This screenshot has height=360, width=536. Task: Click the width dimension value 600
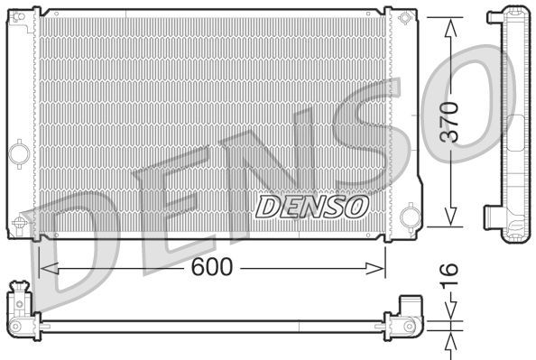(212, 267)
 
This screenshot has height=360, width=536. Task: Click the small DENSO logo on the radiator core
(312, 207)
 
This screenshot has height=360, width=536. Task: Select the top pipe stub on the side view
(494, 15)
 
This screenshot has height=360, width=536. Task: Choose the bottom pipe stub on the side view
(493, 219)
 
